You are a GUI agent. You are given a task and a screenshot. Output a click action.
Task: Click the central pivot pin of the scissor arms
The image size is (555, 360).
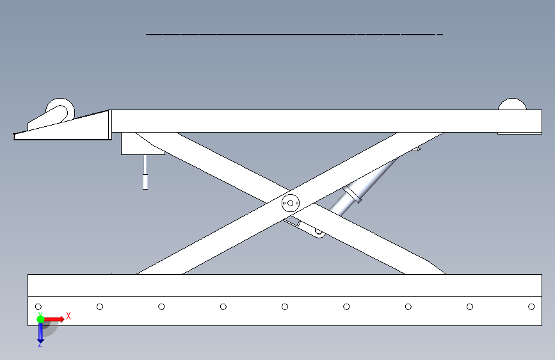pos(290,203)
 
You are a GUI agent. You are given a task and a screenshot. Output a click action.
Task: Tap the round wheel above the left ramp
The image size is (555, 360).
pos(60,110)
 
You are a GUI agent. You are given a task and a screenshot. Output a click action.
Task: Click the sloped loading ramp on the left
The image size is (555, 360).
pos(64,127)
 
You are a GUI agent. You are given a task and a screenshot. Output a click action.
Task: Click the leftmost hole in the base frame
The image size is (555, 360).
pos(38,307)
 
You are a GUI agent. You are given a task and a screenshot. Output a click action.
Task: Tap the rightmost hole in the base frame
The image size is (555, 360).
pos(531,307)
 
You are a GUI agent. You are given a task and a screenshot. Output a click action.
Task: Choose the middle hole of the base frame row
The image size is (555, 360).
pos(285,307)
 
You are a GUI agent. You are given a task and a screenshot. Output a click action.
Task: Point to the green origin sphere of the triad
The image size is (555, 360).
pos(40,318)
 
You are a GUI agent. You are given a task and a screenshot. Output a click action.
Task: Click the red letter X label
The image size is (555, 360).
pos(68,316)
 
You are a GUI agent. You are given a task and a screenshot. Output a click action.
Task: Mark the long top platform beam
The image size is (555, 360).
pos(320,120)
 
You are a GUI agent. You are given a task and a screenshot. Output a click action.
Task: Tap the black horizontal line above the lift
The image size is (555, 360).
pos(294,33)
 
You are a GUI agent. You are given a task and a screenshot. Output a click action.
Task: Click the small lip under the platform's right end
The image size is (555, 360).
pos(519,133)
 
